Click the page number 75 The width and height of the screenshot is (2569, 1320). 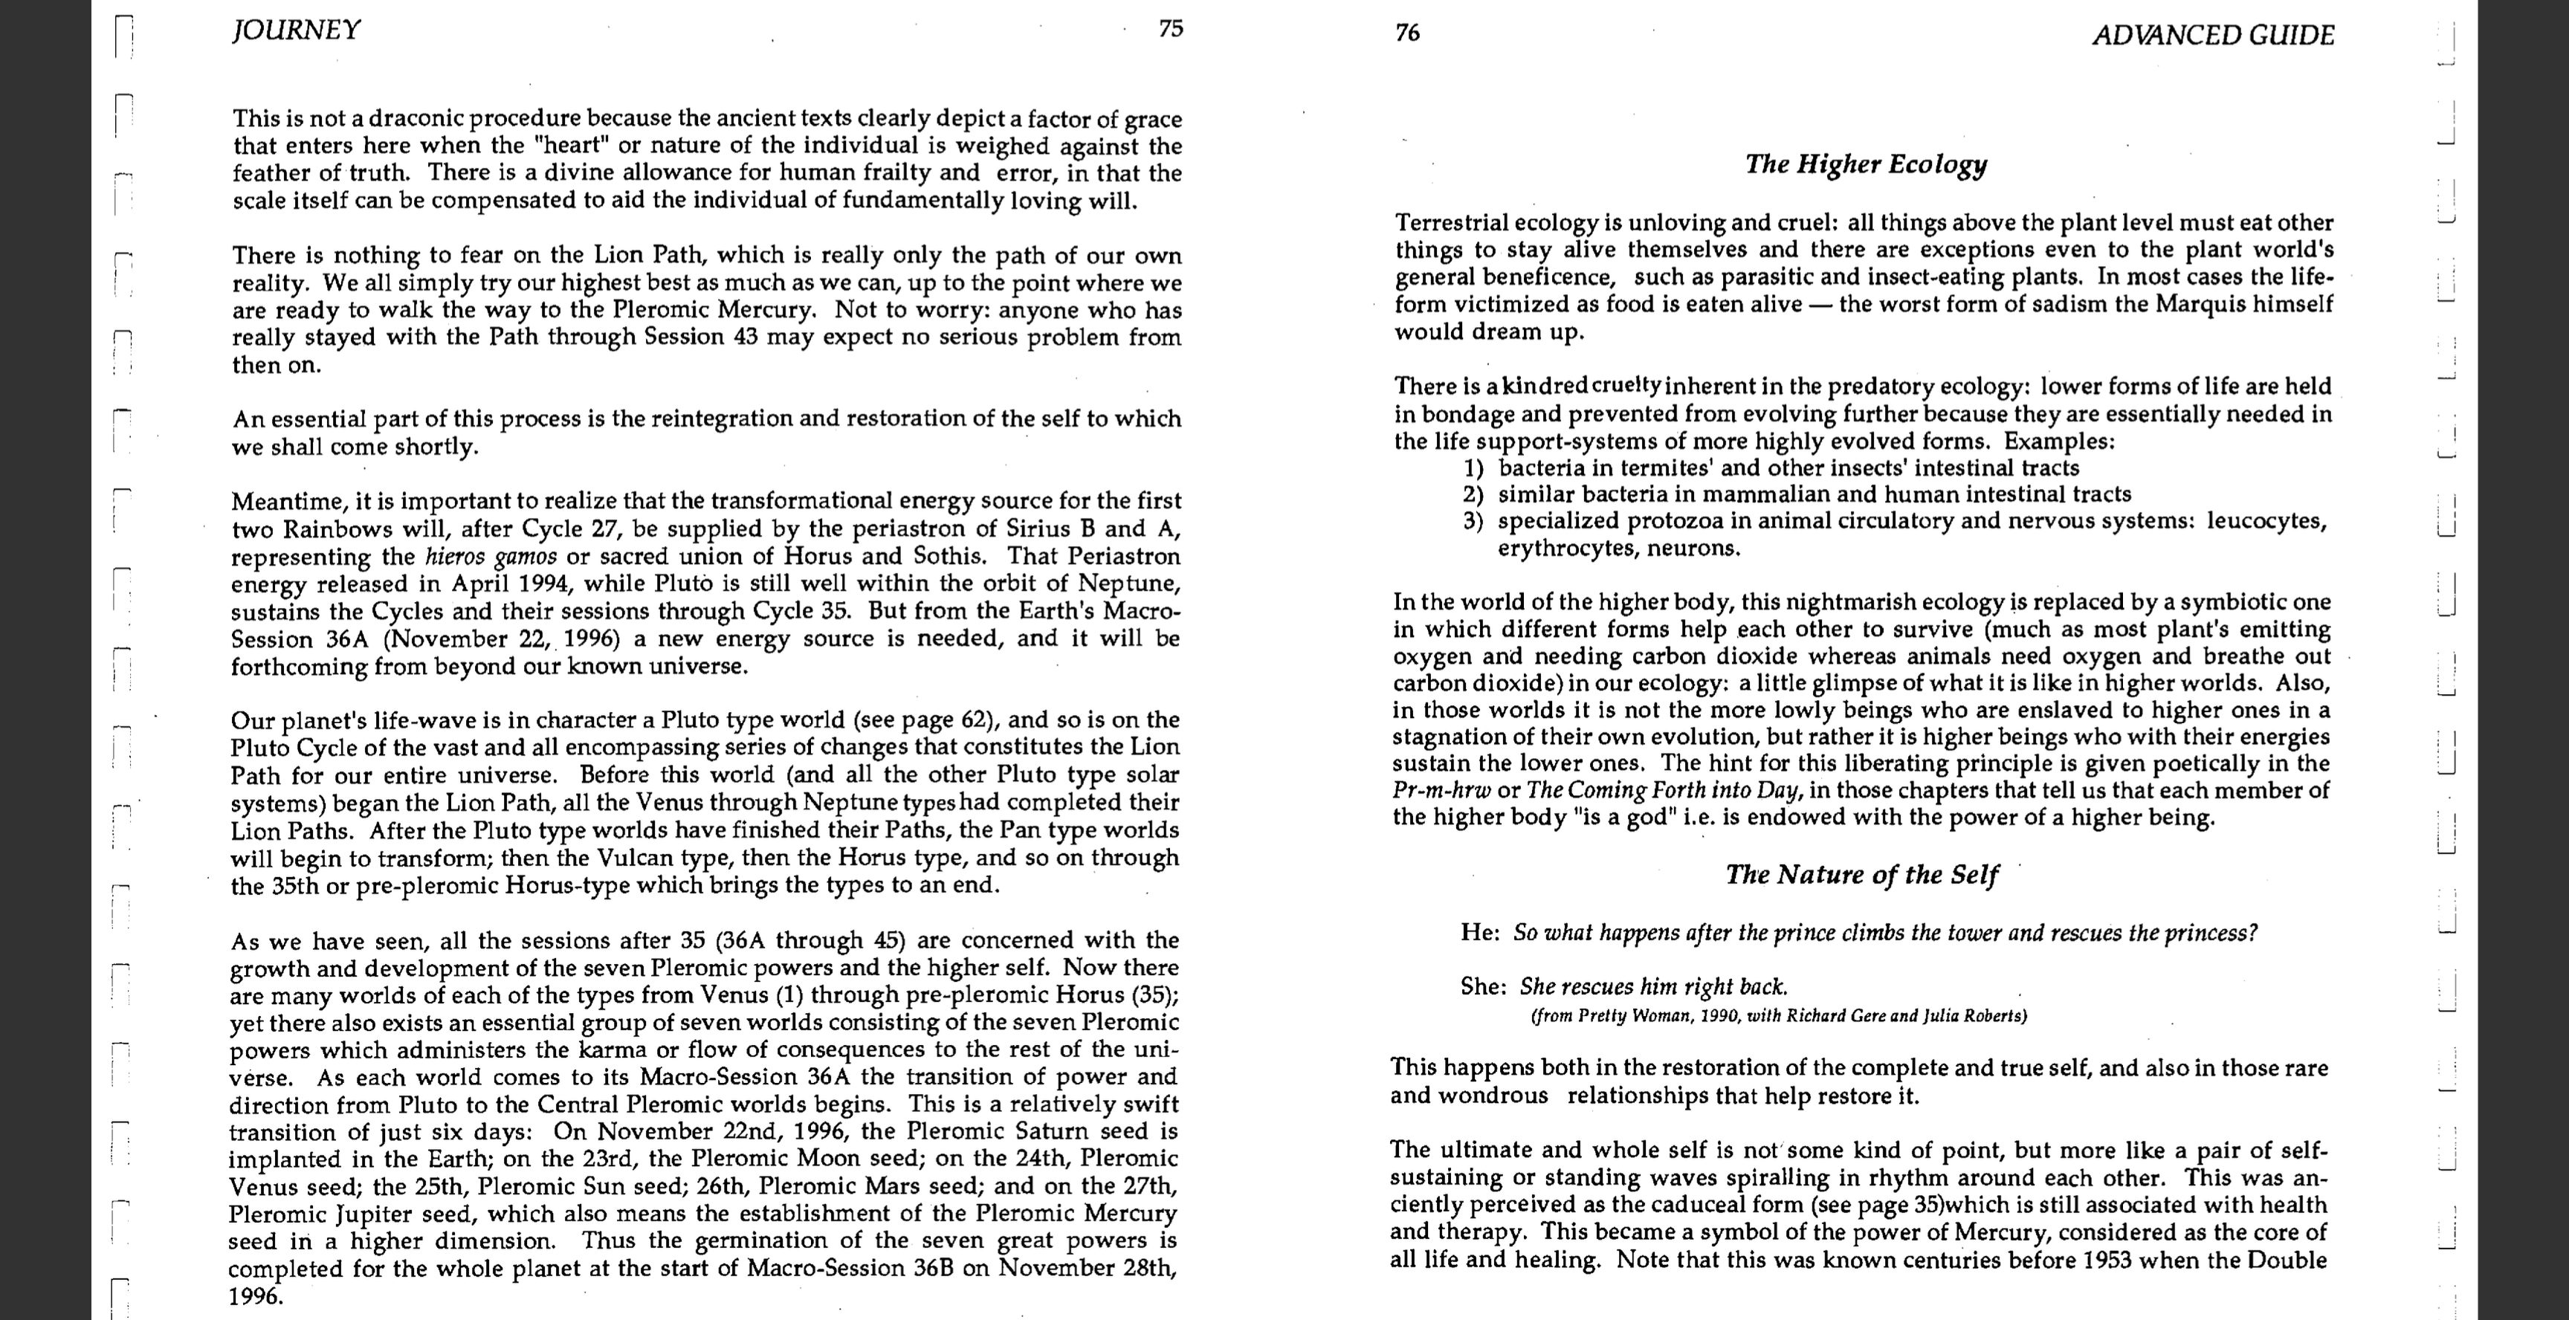tap(1171, 28)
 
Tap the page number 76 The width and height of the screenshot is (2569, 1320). tap(1407, 33)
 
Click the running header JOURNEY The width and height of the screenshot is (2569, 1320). tap(296, 30)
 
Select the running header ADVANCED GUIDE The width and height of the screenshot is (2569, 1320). tap(2213, 36)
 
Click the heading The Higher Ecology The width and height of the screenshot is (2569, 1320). tap(1866, 164)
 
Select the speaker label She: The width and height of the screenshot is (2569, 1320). tap(1483, 986)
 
